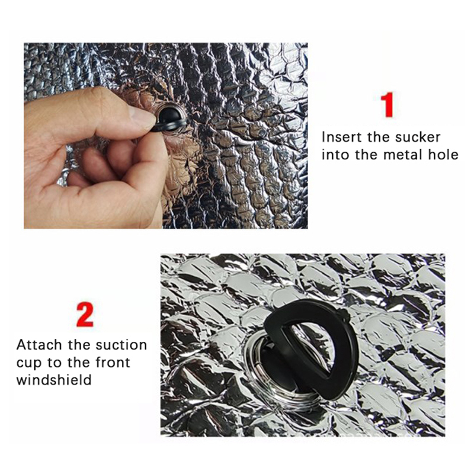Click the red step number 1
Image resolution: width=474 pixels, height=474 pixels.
pyautogui.click(x=387, y=105)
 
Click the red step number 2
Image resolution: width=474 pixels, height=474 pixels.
pyautogui.click(x=85, y=315)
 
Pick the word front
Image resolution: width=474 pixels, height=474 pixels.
pyautogui.click(x=113, y=362)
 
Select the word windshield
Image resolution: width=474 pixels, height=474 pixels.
pyautogui.click(x=54, y=380)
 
